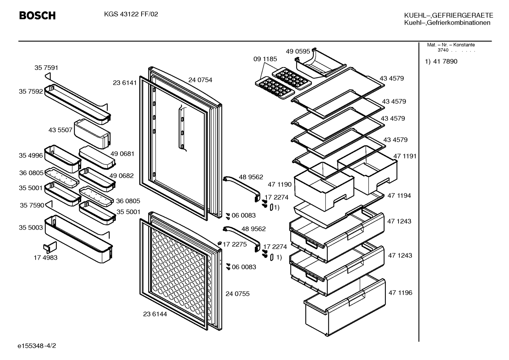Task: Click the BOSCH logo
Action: point(37,16)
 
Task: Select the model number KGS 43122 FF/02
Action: point(131,14)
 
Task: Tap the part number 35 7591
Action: point(46,68)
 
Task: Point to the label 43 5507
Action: point(60,130)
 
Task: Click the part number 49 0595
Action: point(298,51)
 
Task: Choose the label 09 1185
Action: point(265,59)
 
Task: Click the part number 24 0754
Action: point(200,80)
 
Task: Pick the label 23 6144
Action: point(155,314)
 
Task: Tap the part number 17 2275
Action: point(235,244)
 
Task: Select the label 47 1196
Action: point(400,293)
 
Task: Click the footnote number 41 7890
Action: point(445,61)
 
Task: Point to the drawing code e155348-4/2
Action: point(37,346)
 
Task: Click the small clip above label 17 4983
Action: point(50,247)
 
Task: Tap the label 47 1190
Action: point(280,184)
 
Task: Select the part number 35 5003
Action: point(31,228)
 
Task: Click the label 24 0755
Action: point(238,294)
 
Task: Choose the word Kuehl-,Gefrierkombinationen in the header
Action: point(447,23)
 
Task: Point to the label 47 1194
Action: point(399,196)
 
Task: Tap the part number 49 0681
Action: point(122,154)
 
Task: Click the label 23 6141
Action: point(125,83)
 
